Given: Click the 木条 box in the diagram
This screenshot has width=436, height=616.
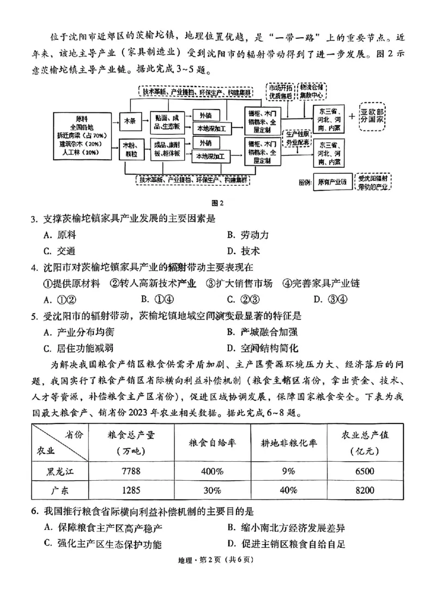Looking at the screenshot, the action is [129, 120].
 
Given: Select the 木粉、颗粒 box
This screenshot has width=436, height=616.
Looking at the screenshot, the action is [129, 148].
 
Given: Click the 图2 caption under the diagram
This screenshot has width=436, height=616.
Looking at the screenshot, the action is [218, 203].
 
